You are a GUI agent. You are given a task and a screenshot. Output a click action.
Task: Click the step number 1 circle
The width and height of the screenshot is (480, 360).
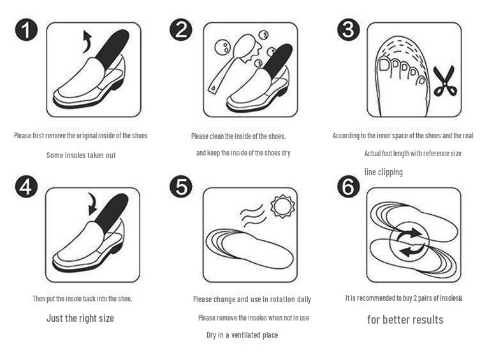click(26, 30)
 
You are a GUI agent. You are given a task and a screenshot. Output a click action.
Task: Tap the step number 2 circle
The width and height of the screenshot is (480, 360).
click(181, 30)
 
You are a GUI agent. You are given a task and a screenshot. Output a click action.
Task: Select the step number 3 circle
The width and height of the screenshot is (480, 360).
click(349, 30)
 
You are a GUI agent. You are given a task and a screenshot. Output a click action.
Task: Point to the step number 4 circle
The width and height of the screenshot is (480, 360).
click(26, 187)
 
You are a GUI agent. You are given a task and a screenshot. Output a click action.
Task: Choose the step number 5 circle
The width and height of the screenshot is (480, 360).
click(181, 187)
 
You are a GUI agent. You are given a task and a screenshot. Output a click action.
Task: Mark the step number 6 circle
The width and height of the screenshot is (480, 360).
click(349, 187)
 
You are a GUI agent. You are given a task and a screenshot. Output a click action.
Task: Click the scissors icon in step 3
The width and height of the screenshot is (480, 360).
click(444, 82)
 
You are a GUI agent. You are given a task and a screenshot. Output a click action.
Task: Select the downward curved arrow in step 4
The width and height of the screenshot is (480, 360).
click(92, 203)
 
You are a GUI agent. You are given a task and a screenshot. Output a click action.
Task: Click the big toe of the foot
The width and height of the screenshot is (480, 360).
click(385, 66)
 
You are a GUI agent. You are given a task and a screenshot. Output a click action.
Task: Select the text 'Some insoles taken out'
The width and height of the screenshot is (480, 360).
click(81, 155)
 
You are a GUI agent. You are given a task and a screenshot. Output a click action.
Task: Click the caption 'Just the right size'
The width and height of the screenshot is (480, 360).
click(80, 318)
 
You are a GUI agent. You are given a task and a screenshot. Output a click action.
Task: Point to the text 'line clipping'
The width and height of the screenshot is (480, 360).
click(383, 172)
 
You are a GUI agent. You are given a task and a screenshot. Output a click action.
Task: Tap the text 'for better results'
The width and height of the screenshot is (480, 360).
click(405, 319)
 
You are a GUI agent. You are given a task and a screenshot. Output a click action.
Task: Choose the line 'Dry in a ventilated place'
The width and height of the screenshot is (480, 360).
click(242, 335)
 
